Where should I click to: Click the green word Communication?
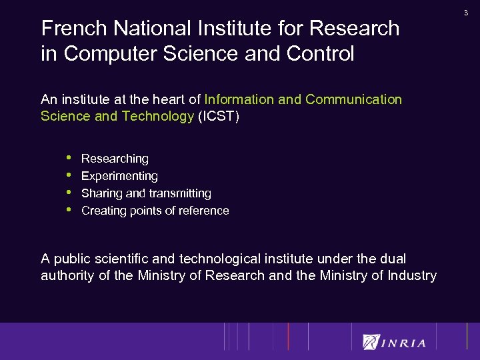353,100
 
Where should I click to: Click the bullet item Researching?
115,159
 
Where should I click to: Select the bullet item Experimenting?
119,177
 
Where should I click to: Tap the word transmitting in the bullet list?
179,194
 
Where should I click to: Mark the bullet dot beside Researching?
69,158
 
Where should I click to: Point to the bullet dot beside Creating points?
69,210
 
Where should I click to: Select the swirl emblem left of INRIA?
370,342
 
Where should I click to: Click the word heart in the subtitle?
169,100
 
